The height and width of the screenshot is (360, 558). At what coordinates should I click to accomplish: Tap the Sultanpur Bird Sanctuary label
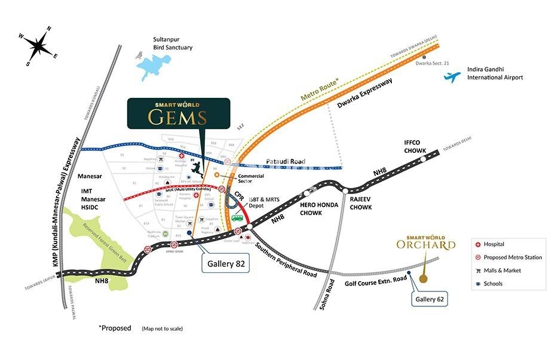point(173,43)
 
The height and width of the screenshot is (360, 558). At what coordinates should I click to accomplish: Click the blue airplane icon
point(453,76)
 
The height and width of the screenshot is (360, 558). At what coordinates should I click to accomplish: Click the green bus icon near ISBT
point(238,218)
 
